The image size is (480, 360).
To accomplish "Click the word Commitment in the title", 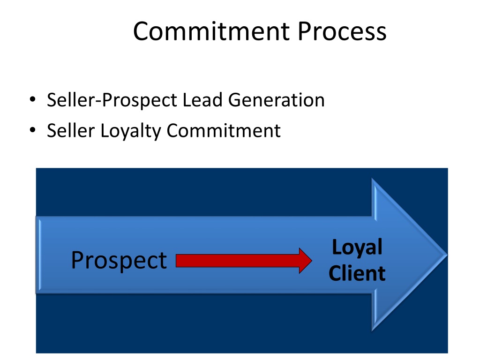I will pos(211,32).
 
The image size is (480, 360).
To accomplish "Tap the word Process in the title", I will pos(342,32).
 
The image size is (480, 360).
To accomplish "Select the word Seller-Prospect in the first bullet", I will pos(112,100).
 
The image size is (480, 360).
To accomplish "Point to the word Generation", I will pos(276,100).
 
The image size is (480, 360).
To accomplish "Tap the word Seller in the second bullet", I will pos(71,131).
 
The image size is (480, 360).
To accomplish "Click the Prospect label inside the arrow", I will pos(119,260).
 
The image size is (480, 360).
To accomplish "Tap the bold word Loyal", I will pos(357,247).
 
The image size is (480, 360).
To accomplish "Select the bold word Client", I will pos(357,273).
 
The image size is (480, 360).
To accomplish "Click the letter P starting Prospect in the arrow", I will pos(77,260).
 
